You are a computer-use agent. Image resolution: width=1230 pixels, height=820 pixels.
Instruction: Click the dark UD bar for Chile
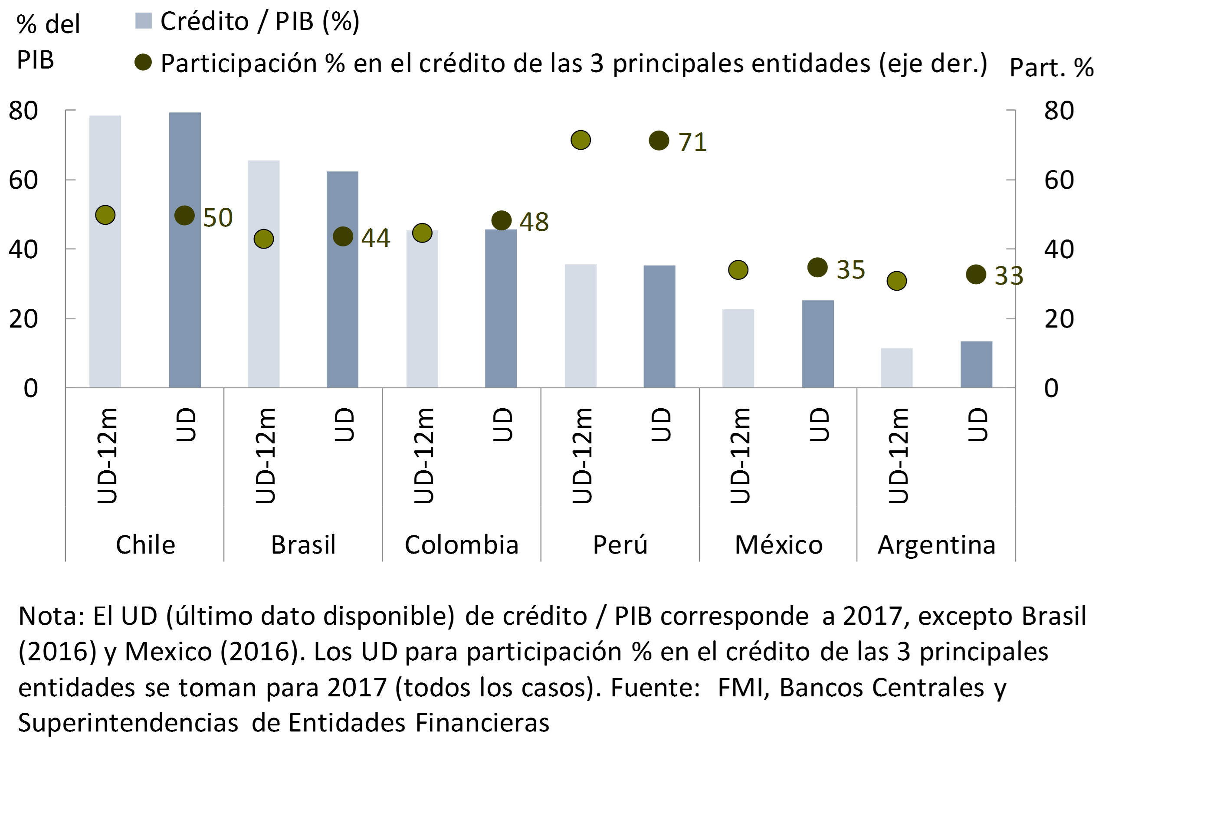(x=184, y=293)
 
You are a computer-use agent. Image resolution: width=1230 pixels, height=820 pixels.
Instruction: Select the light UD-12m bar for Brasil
(x=264, y=314)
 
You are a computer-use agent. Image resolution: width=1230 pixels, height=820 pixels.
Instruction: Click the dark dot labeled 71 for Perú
(x=659, y=140)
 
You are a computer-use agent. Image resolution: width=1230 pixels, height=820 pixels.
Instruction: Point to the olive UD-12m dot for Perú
(x=581, y=140)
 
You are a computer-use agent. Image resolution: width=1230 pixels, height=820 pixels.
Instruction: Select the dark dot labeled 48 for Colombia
(x=501, y=220)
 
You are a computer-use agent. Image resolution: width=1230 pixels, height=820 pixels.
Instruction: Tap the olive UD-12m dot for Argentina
(x=896, y=281)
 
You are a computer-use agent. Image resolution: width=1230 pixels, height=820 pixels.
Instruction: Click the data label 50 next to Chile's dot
(x=217, y=217)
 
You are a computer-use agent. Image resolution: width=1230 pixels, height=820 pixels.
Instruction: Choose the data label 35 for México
(x=850, y=270)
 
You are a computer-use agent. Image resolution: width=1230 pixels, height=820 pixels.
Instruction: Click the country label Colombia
(x=461, y=545)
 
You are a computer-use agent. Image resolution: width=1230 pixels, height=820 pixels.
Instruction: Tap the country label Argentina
(x=936, y=545)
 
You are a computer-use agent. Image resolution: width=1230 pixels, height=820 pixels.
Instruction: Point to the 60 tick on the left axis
(x=23, y=180)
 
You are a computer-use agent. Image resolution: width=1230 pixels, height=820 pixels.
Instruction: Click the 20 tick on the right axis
(x=1059, y=318)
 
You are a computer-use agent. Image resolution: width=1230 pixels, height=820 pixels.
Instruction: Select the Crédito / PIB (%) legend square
(x=143, y=21)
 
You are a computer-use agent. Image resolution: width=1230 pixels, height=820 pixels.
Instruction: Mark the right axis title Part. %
(x=1051, y=67)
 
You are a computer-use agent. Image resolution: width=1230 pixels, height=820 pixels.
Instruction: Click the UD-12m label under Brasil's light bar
(x=265, y=456)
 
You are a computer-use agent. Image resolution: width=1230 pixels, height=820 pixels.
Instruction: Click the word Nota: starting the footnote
(x=51, y=616)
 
